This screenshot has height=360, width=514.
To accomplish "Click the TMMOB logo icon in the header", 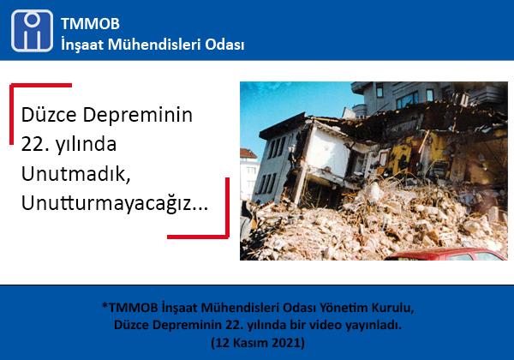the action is coord(32,31).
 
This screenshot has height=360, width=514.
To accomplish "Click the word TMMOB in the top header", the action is coord(90,24).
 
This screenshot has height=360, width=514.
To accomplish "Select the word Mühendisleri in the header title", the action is coord(154,45).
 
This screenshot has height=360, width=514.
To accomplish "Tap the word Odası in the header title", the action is coord(224,45).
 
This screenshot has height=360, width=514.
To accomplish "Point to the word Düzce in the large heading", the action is coord(49,115).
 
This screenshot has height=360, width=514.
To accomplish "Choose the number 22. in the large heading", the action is coord(35,144).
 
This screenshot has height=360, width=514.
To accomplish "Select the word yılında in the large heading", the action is coord(86,145).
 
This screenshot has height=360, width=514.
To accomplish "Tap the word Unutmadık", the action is coord(75,174).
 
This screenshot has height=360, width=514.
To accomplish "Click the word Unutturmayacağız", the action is coord(115,204).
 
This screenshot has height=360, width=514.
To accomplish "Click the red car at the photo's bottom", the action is coord(445,255).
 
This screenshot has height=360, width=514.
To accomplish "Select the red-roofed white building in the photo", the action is coord(250,174).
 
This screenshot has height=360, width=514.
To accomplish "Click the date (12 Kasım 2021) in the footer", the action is coord(258,343).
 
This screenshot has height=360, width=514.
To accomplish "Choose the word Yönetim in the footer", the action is coord(343,308).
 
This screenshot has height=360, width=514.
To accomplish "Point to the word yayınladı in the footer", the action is coord(372,326).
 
